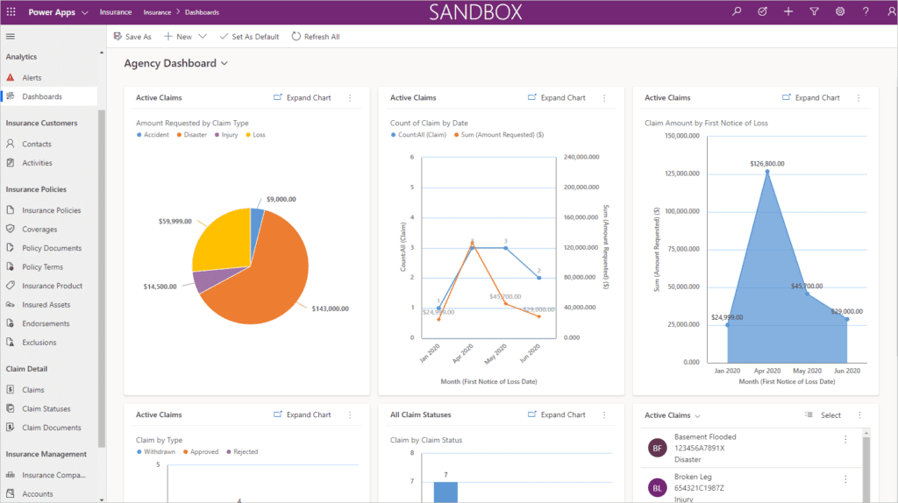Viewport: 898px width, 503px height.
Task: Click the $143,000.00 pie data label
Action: coord(330,308)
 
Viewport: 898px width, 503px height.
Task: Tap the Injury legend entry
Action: coord(229,135)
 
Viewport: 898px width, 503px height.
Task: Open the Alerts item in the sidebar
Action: coord(32,78)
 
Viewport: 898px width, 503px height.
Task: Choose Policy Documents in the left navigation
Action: coord(51,248)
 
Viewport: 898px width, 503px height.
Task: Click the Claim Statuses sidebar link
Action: coord(46,409)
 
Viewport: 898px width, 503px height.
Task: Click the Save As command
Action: coord(132,37)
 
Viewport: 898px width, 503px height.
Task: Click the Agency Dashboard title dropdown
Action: coord(175,64)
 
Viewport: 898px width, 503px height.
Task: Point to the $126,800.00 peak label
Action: coord(767,164)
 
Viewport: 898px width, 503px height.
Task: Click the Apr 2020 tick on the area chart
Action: coord(767,371)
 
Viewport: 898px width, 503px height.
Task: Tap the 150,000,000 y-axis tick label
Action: coord(681,136)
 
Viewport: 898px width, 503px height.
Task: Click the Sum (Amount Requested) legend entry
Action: coord(502,135)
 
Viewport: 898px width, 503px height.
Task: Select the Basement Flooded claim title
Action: coord(705,436)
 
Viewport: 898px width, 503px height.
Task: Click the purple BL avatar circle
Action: coord(657,486)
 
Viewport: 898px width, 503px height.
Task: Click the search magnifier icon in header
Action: coord(737,11)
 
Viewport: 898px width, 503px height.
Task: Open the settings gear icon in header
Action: coord(839,11)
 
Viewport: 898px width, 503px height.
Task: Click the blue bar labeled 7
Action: coord(445,492)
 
